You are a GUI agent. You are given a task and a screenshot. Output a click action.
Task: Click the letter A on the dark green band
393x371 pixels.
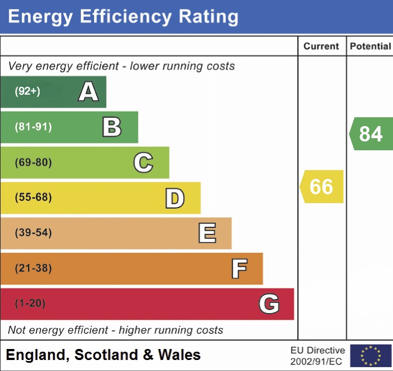point(89,91)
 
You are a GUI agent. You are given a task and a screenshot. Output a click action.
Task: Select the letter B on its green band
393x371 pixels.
point(112,127)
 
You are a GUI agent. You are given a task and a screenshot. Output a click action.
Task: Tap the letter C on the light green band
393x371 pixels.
point(143,162)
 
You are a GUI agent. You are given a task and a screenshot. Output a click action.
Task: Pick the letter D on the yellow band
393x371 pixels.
point(174,198)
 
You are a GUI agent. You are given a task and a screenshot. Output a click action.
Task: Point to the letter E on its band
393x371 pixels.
point(207,233)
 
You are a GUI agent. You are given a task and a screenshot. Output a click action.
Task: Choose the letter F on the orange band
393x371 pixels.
point(239,269)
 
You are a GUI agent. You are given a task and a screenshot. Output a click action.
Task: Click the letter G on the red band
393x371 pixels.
point(269,304)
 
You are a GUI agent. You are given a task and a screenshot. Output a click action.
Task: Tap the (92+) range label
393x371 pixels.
point(28,91)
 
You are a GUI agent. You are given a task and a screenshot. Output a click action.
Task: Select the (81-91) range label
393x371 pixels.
point(33,127)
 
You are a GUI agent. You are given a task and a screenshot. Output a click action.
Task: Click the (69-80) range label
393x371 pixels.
point(33,162)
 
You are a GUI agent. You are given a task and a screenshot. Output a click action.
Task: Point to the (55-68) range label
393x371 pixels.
point(33,198)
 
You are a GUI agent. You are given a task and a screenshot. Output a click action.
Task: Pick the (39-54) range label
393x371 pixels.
point(33,233)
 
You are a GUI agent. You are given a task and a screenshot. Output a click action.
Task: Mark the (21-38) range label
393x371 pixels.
point(33,269)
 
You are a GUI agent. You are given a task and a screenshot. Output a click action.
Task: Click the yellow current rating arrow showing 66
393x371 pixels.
point(322,187)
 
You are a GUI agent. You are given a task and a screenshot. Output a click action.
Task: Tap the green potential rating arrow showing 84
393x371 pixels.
point(371,134)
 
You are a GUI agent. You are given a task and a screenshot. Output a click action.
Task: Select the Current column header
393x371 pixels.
point(321,46)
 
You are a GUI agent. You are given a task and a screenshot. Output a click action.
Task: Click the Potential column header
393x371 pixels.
point(370,46)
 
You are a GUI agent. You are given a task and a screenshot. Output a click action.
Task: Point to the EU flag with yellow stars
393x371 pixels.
point(370,356)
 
